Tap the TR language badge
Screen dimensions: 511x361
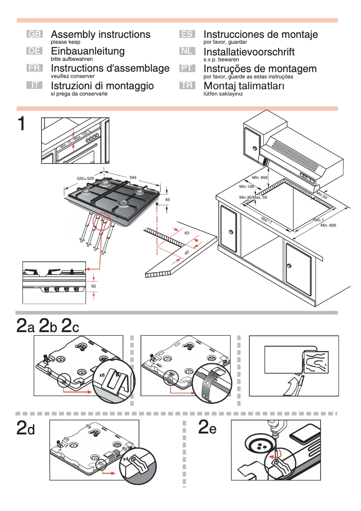tap(186, 85)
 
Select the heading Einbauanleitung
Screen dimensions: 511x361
tap(88, 51)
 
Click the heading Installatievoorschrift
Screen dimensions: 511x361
tap(249, 52)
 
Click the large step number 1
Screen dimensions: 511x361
tap(21, 124)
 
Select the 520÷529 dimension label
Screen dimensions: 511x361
tap(85, 179)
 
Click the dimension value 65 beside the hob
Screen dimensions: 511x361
tap(167, 199)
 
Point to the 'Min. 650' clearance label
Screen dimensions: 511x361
tap(260, 178)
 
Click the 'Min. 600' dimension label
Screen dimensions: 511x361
tap(328, 225)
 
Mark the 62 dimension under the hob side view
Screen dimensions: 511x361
tap(94, 286)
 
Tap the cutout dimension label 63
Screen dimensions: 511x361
tap(187, 233)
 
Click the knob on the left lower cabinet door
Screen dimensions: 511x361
tap(230, 232)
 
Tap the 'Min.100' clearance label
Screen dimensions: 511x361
tap(247, 187)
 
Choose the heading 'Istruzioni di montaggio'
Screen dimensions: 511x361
tap(102, 86)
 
